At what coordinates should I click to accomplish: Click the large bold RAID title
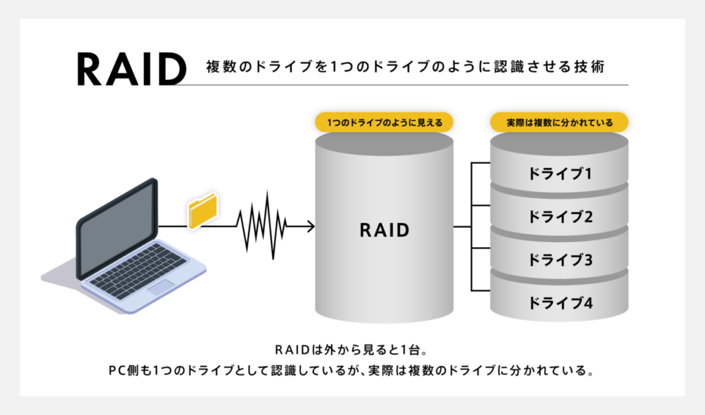[131, 68]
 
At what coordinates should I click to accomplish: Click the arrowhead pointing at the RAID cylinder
[311, 226]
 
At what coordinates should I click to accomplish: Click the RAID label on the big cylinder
[384, 230]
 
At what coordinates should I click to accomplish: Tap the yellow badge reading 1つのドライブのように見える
[383, 123]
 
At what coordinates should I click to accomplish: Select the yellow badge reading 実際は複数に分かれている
[559, 123]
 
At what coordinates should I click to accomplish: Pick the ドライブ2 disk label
[560, 217]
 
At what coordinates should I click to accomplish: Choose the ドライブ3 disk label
[560, 260]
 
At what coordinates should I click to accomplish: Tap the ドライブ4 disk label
[560, 303]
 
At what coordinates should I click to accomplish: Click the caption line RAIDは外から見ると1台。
[352, 347]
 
